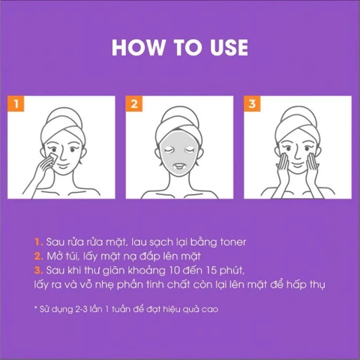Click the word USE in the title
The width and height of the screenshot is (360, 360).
(224, 47)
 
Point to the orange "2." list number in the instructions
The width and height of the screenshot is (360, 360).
(38, 256)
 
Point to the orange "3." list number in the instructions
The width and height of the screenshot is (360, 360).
(38, 271)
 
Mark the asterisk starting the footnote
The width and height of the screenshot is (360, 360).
(34, 307)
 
